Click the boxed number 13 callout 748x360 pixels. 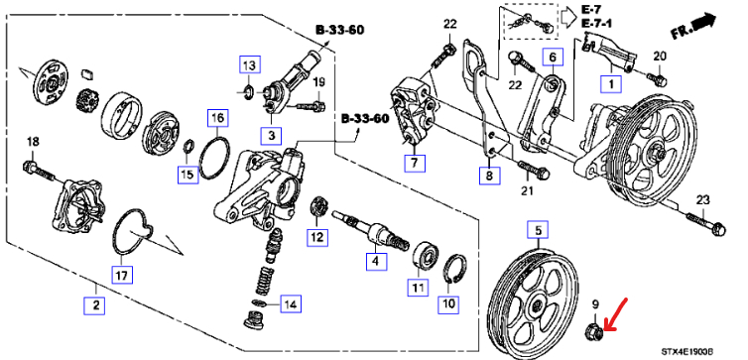click(250, 63)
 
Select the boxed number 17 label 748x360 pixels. click(122, 274)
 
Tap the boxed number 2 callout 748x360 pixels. click(94, 304)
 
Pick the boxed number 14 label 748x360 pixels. click(291, 303)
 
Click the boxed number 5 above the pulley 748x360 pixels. click(538, 231)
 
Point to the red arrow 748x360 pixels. click(615, 314)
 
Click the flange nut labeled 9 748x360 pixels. click(595, 331)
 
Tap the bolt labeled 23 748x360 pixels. click(705, 225)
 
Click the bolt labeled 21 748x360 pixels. click(533, 170)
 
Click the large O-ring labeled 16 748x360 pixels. click(213, 158)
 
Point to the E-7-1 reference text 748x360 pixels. click(596, 24)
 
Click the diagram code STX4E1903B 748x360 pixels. click(687, 352)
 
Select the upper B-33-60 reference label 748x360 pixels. click(339, 30)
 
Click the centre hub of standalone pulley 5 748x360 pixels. click(537, 304)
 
